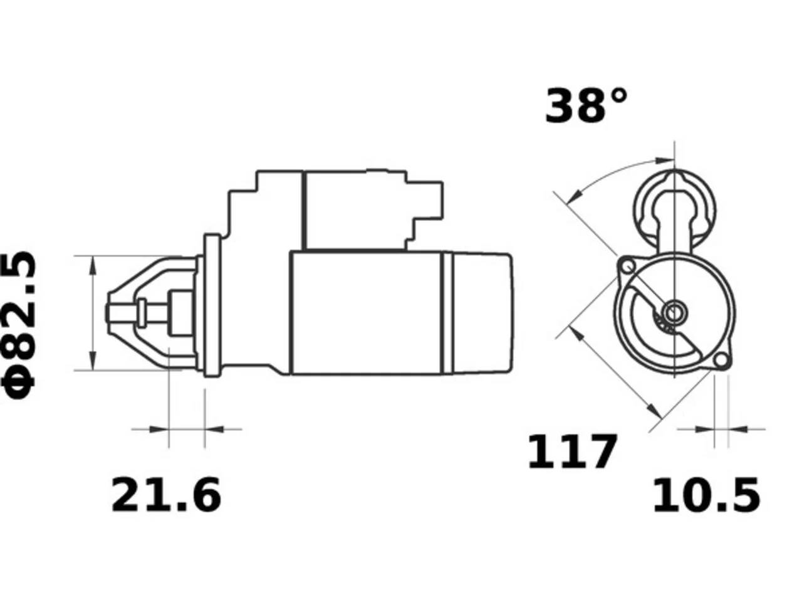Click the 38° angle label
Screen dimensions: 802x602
tap(586, 105)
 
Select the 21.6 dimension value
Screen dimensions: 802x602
tap(166, 495)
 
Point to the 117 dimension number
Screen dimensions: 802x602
tap(572, 451)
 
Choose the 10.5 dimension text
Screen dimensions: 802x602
tap(706, 495)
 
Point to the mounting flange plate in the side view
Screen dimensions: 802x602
tap(212, 305)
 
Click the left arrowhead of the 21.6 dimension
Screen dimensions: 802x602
tap(159, 429)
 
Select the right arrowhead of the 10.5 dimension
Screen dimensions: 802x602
tap(737, 429)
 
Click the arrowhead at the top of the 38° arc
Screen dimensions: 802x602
tap(665, 161)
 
